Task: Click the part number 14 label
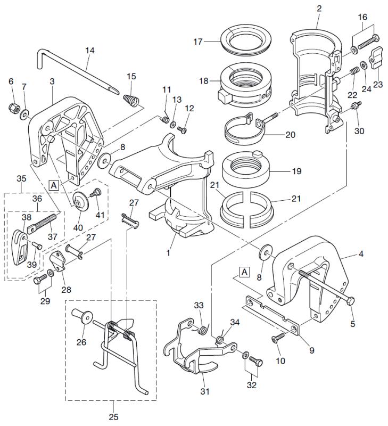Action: (x=89, y=51)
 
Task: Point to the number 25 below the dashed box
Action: (x=114, y=417)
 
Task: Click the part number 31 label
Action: (x=205, y=392)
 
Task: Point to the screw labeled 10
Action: (x=277, y=339)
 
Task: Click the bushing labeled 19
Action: (x=247, y=170)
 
